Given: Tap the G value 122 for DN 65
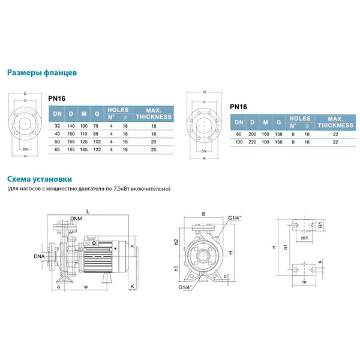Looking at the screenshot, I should (x=98, y=148).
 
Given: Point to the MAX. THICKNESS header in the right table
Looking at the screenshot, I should (x=335, y=122).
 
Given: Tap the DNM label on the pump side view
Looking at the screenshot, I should (x=76, y=218).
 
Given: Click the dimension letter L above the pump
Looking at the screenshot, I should (x=88, y=211).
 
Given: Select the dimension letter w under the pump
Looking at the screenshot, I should (x=86, y=287).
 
